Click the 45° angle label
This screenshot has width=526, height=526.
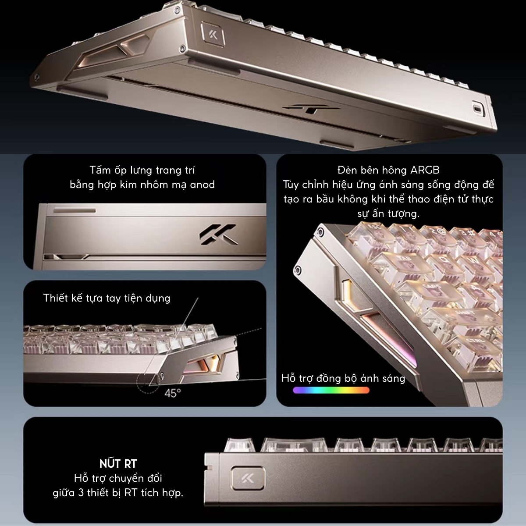click(172, 393)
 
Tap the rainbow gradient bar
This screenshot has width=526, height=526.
click(331, 390)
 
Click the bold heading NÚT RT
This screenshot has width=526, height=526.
click(118, 463)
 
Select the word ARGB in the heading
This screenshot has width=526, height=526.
click(425, 170)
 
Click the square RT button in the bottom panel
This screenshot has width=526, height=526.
click(248, 478)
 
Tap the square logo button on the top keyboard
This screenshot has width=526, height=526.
click(213, 35)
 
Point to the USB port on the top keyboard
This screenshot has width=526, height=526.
click(476, 107)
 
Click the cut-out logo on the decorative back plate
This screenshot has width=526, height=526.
click(219, 234)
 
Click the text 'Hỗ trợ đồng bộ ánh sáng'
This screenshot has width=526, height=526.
click(343, 378)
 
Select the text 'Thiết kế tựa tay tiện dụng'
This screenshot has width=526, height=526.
click(107, 298)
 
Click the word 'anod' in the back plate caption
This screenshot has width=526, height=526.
click(202, 185)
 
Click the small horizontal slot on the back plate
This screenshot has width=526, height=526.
click(74, 211)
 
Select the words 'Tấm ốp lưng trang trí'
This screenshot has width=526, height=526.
click(142, 170)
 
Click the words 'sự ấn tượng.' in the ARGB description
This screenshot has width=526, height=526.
click(388, 213)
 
